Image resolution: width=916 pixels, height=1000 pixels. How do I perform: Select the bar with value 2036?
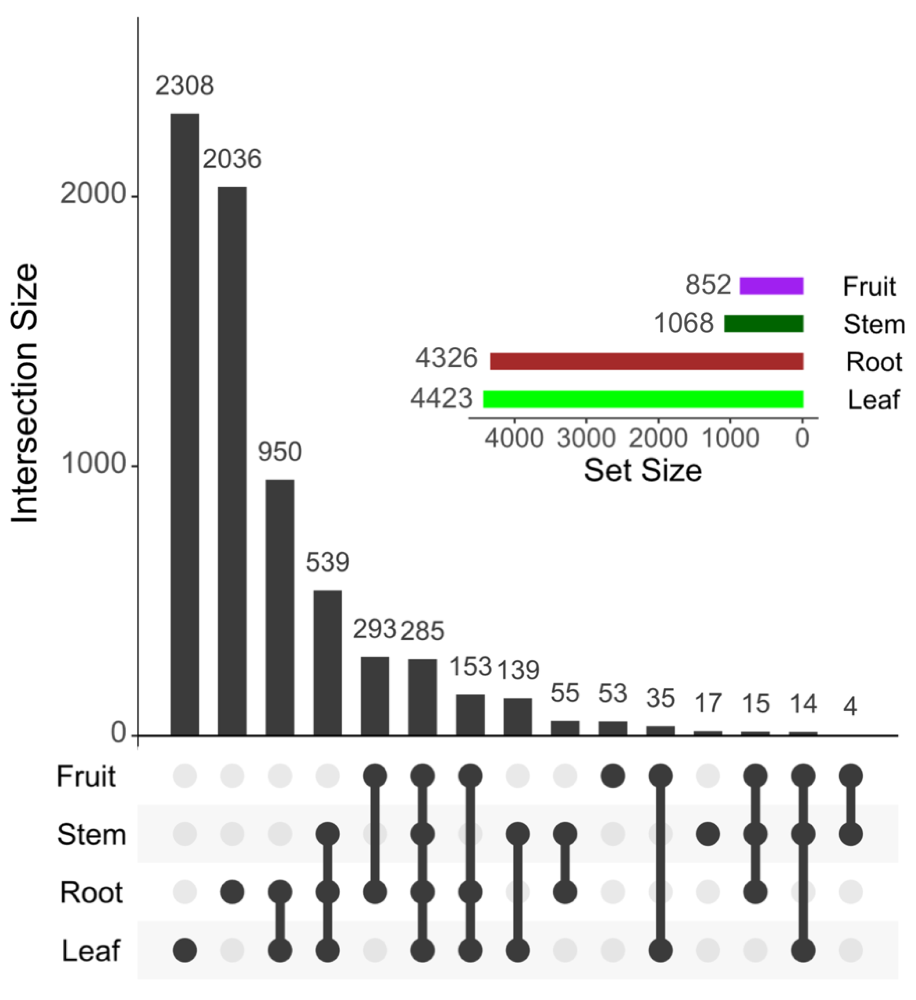pos(232,461)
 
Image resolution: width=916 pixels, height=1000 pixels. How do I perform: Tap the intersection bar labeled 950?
pos(280,607)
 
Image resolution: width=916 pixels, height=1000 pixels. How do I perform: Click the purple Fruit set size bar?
pos(771,286)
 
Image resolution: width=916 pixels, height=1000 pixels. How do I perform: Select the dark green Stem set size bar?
pos(763,323)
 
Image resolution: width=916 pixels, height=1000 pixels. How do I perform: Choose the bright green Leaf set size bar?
pos(643,399)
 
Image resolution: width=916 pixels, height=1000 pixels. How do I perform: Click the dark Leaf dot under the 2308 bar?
pos(185,950)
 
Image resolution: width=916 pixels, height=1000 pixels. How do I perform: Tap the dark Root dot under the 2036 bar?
pos(232,892)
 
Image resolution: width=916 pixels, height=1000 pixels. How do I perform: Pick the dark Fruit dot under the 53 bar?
pos(613,775)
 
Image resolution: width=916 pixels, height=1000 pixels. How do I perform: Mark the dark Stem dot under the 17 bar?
pos(708,834)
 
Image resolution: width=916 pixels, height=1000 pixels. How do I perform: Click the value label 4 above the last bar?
pos(850,706)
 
